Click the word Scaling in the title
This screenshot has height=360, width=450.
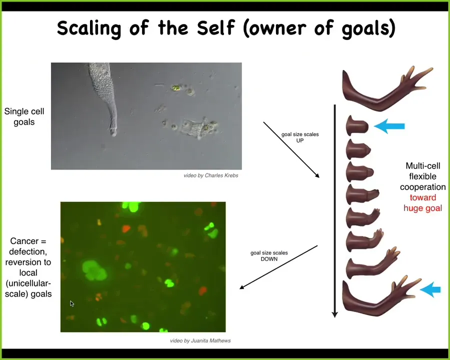tap(89, 28)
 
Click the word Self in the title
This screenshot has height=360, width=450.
tap(216, 27)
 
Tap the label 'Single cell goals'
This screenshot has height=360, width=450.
tap(24, 116)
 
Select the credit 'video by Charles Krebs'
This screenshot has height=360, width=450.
tap(211, 175)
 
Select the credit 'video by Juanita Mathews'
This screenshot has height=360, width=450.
tap(200, 341)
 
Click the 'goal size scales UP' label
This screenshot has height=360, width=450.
tap(300, 137)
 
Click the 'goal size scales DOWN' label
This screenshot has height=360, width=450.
tap(269, 256)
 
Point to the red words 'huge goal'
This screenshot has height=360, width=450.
tap(422, 208)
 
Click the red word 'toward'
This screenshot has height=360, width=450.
tap(422, 197)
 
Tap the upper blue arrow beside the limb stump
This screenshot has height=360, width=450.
tap(389, 126)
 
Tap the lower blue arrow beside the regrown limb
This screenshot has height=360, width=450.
tap(430, 289)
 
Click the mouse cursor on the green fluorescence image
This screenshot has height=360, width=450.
tap(71, 303)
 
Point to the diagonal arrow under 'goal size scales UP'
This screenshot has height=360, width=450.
tap(291, 150)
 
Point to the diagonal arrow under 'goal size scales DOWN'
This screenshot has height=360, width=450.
tap(278, 267)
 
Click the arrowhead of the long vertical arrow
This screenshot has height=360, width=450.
tap(334, 314)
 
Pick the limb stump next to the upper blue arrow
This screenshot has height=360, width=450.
tap(357, 125)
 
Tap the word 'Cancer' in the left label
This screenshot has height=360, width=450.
tap(24, 241)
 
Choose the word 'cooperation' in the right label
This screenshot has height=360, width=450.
tap(422, 187)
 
